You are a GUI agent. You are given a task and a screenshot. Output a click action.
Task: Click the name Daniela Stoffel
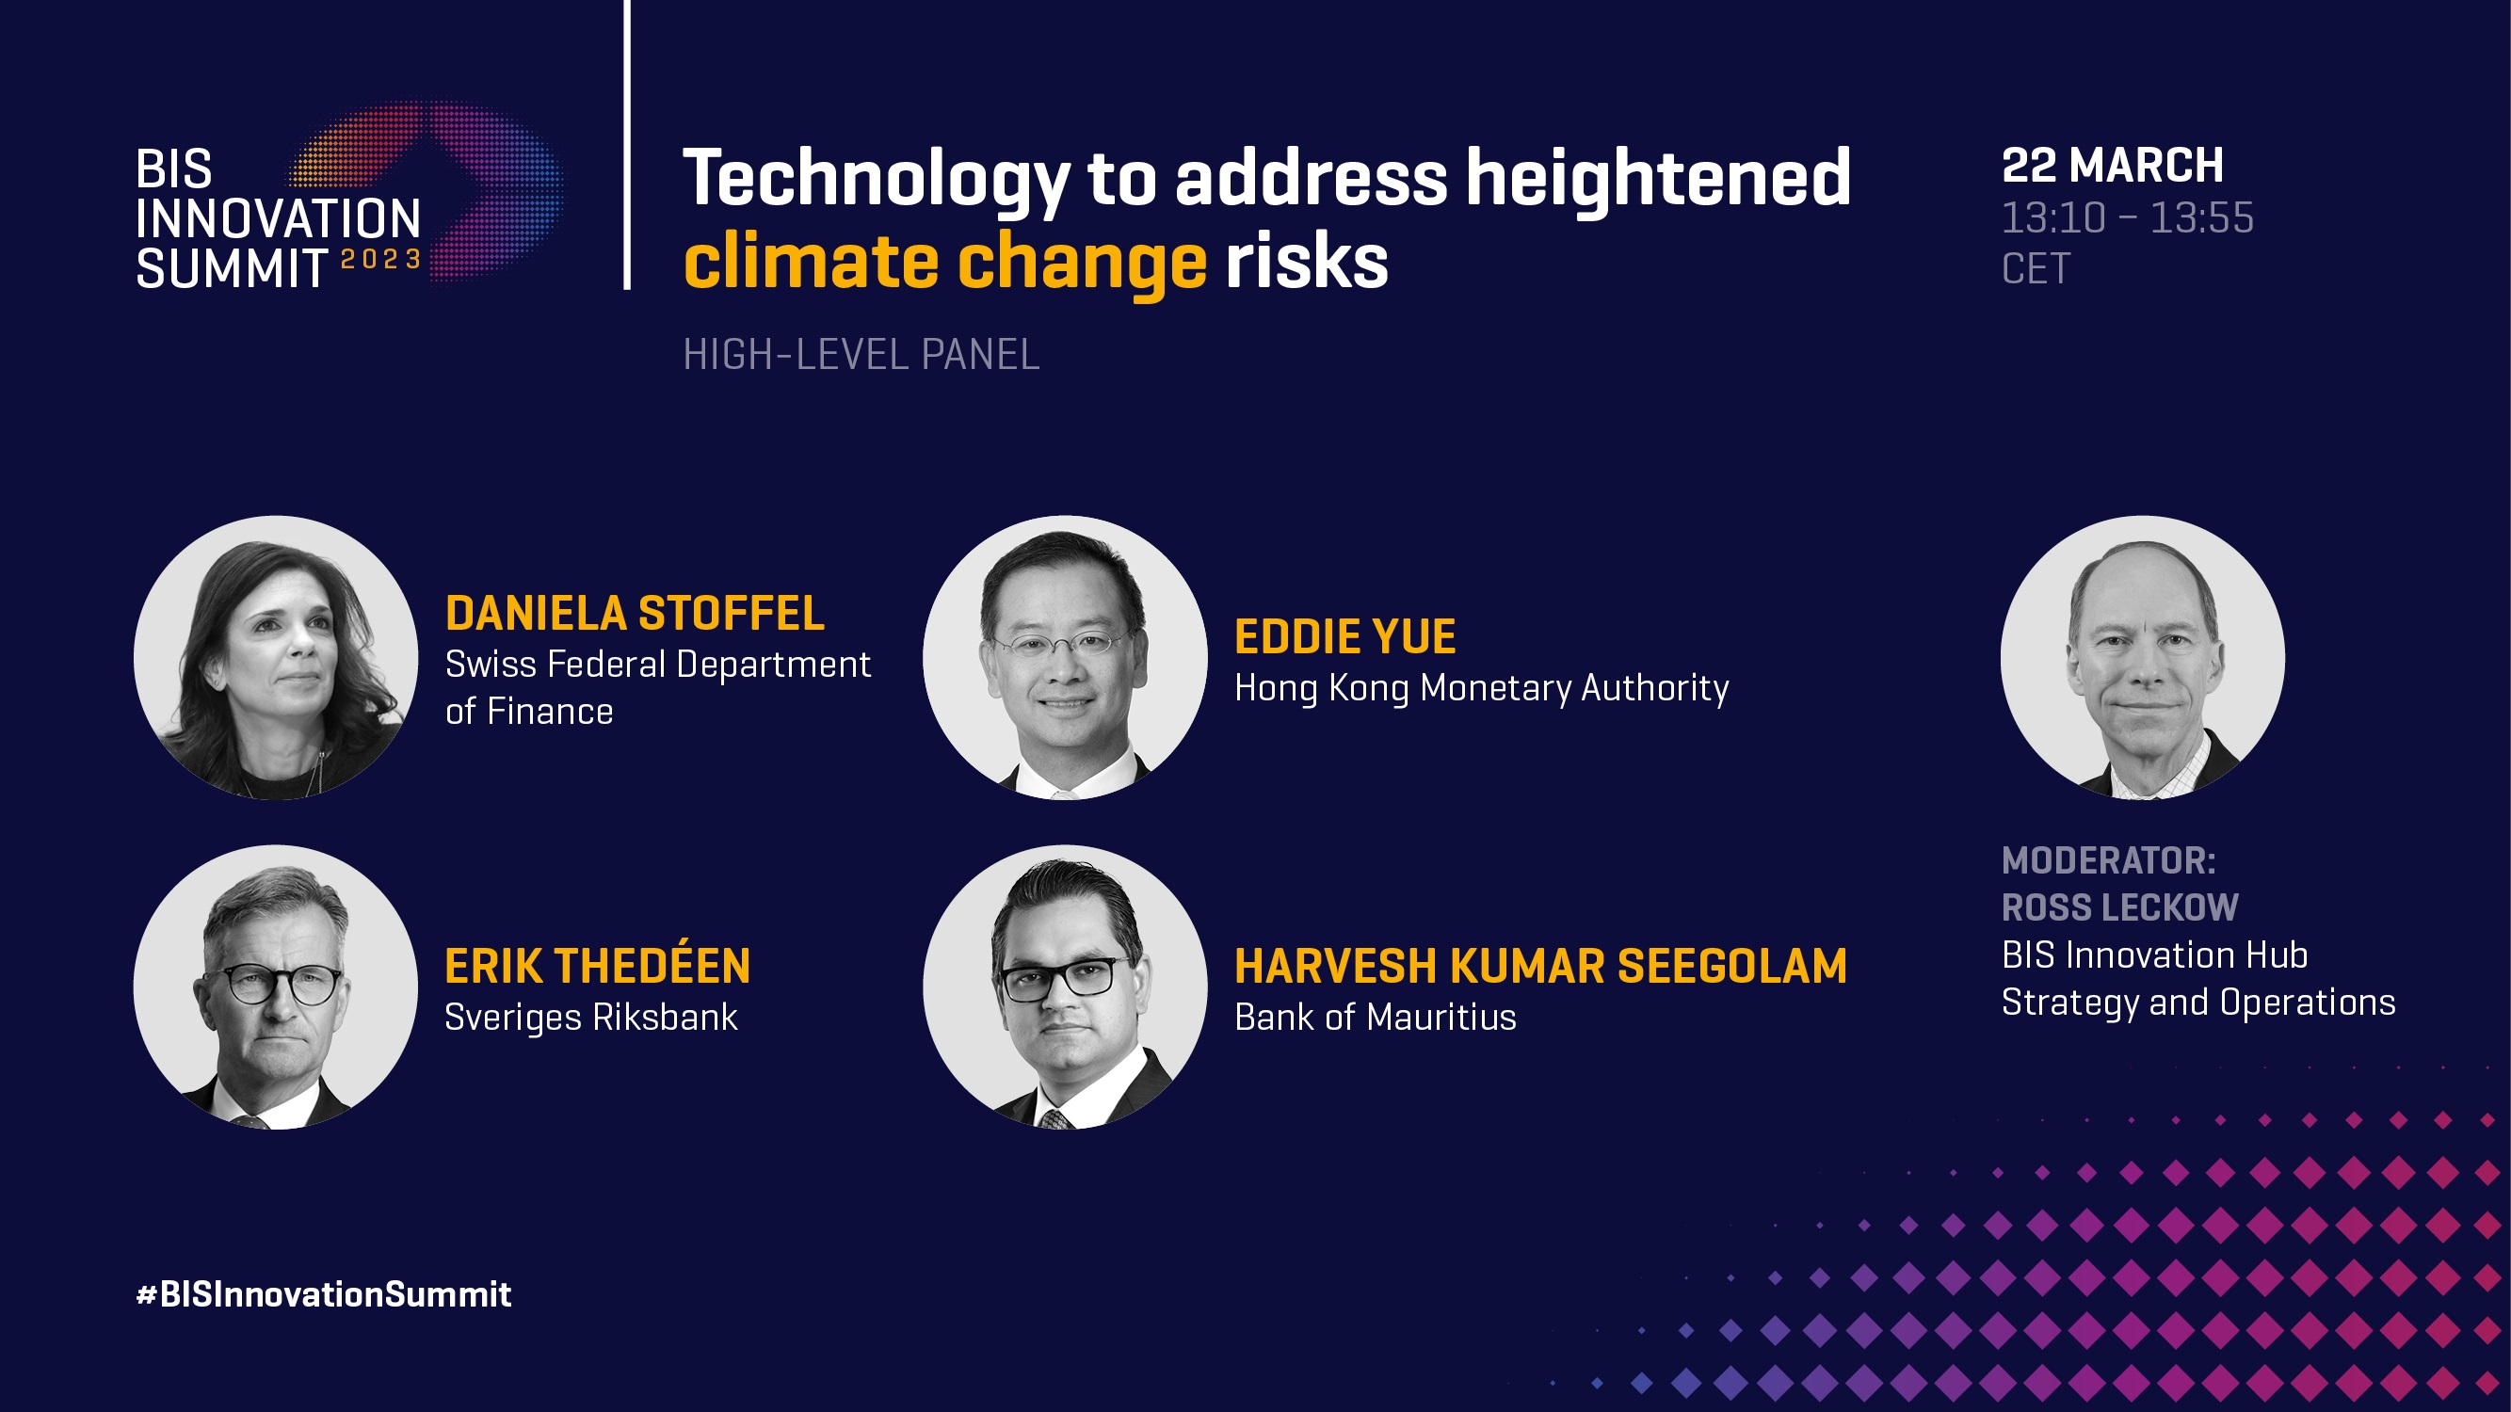tap(635, 613)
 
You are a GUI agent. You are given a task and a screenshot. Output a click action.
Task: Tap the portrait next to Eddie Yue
tap(1065, 658)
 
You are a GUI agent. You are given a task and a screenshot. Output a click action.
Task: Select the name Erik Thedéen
tap(598, 965)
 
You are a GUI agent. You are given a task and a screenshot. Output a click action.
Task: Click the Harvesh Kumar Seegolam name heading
tap(1540, 966)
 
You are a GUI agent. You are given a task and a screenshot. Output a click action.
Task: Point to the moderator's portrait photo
tap(2143, 658)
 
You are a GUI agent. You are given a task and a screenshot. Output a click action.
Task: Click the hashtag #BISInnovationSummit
tap(324, 1294)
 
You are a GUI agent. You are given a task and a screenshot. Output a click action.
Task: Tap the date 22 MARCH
tap(2113, 166)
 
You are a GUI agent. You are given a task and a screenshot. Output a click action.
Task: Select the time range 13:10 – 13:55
tap(2127, 218)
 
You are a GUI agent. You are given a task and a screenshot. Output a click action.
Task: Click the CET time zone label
tap(2036, 269)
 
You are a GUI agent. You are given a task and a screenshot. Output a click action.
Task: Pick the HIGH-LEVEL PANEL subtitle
tap(861, 355)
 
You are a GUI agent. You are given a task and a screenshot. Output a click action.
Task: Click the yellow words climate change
tap(945, 264)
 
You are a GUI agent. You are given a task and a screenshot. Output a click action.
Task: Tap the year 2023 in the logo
tap(380, 259)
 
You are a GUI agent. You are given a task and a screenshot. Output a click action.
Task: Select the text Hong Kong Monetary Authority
tap(1482, 689)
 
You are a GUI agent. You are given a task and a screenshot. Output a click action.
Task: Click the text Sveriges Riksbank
tap(590, 1018)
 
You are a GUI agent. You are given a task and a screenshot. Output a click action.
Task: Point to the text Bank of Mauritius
tap(1376, 1018)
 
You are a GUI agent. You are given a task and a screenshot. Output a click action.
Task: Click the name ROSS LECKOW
tap(2120, 907)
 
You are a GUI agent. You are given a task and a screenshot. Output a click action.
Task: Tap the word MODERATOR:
tap(2108, 860)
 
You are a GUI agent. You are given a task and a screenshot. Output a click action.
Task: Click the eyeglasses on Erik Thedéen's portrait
tap(274, 985)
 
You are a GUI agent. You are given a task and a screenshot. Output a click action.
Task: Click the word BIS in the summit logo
tap(173, 169)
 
